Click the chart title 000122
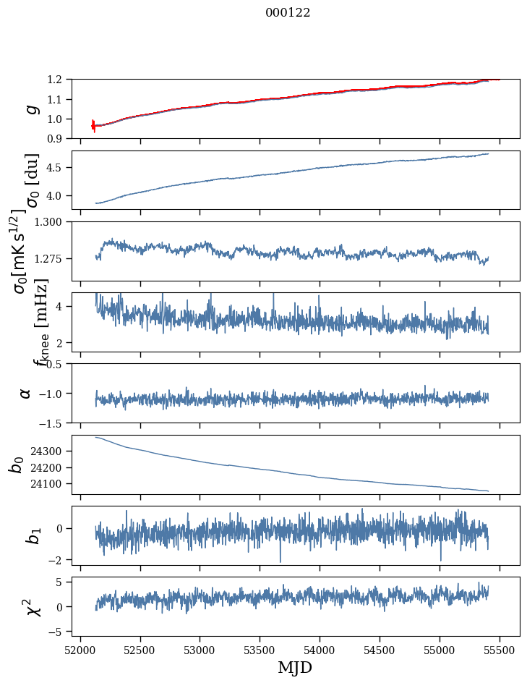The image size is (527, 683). coord(288,13)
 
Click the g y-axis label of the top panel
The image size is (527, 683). coord(30,109)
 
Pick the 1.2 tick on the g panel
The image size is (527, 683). coord(59,79)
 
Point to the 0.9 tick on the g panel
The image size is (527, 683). coord(59,138)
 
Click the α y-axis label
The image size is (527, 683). coord(26,393)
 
